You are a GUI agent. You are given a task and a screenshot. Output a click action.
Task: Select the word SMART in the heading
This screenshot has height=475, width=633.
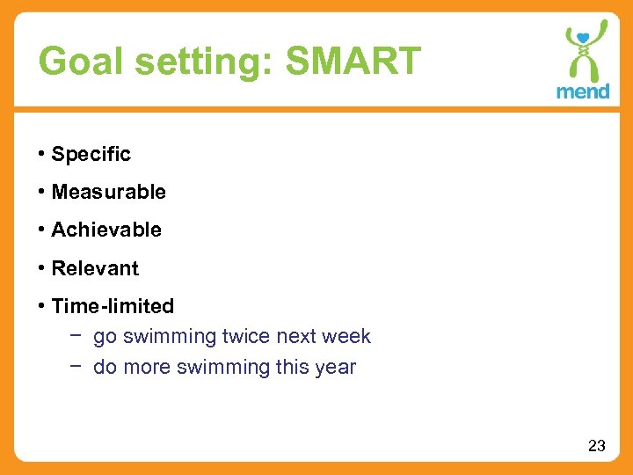pos(354,62)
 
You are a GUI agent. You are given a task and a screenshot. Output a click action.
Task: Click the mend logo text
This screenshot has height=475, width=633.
pos(583,91)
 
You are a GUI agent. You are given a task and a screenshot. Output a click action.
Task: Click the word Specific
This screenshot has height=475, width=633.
pos(91,154)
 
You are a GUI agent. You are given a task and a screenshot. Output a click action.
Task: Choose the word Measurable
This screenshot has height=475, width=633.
pos(108,192)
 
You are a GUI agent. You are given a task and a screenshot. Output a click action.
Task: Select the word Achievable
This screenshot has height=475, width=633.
pos(106,230)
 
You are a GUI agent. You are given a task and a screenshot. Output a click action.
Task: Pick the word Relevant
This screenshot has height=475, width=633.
pos(95,268)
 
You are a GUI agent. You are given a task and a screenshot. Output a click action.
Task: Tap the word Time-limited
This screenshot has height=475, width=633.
pos(113,306)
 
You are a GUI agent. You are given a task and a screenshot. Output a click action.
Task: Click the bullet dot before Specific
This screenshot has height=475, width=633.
pos(41,154)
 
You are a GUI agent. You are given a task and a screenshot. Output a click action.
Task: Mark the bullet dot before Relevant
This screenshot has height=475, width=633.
pos(41,267)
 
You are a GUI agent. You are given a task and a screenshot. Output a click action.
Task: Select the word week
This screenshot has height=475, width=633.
pos(347,337)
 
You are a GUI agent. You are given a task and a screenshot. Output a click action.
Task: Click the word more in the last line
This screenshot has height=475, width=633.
pos(147,368)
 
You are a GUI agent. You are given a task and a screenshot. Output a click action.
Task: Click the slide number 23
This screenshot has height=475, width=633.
pos(596,446)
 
